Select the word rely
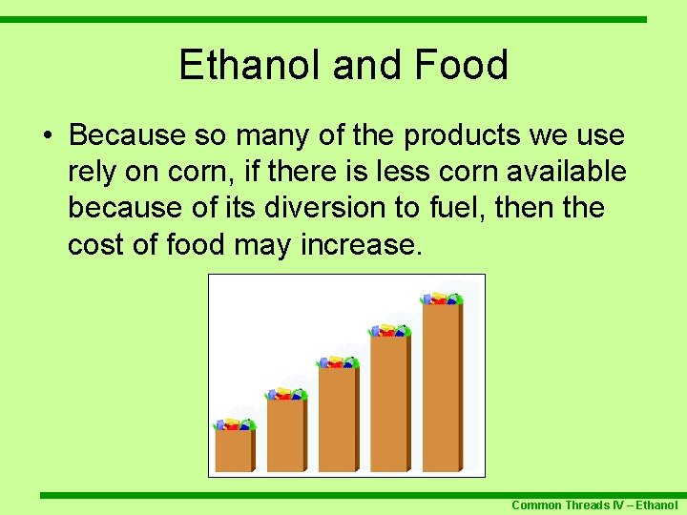pos(94,172)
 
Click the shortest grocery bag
pos(234,450)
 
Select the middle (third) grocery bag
pos(338,419)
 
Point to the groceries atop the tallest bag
pos(442,299)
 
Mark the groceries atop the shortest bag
pos(234,424)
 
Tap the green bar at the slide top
pos(343,18)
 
